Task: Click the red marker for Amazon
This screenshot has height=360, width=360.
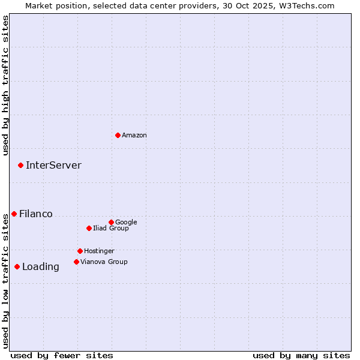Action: (x=118, y=135)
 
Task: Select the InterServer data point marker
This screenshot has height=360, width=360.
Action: (x=20, y=165)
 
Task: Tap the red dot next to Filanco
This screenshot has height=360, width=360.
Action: (x=14, y=214)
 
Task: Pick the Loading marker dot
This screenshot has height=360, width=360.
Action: (x=17, y=266)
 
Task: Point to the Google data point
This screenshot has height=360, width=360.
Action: (x=111, y=222)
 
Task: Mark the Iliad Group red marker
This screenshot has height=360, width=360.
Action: (x=89, y=228)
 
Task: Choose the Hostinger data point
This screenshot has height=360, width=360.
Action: (x=80, y=251)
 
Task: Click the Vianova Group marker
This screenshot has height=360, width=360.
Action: (x=76, y=262)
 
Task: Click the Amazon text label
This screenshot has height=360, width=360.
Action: (x=134, y=136)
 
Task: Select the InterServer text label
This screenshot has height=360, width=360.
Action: (x=53, y=166)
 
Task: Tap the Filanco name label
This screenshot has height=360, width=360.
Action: (x=36, y=214)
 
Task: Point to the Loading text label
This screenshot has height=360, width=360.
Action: (x=41, y=267)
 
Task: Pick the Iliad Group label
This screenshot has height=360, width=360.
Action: (x=111, y=229)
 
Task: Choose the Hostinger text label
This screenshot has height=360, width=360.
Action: (x=99, y=251)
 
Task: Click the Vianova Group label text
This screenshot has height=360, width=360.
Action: (x=104, y=262)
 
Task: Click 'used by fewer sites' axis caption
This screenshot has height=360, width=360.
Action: (x=62, y=355)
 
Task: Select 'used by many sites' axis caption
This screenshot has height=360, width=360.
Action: (x=301, y=355)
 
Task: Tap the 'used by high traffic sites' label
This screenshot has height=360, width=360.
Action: (x=5, y=85)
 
